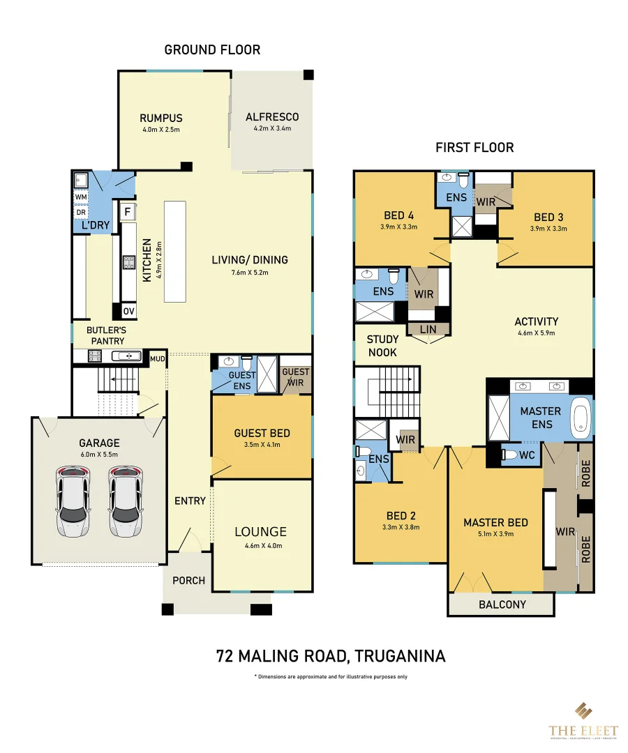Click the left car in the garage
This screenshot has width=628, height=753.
tap(73, 502)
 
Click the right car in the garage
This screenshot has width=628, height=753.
tap(126, 502)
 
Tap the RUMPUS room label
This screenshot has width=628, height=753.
tap(160, 118)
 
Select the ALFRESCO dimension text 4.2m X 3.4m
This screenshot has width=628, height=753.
tap(272, 129)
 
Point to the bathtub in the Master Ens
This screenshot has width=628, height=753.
tap(581, 418)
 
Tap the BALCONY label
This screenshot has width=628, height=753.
tap(502, 604)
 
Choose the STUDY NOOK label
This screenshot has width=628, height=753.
tap(382, 346)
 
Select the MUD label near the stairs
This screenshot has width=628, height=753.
tap(158, 358)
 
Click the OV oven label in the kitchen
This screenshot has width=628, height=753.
tap(129, 312)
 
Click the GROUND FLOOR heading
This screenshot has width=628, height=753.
tap(212, 50)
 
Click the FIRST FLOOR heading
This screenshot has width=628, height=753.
tap(474, 147)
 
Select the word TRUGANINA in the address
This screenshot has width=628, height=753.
tap(400, 656)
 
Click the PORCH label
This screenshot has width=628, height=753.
tap(188, 580)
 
